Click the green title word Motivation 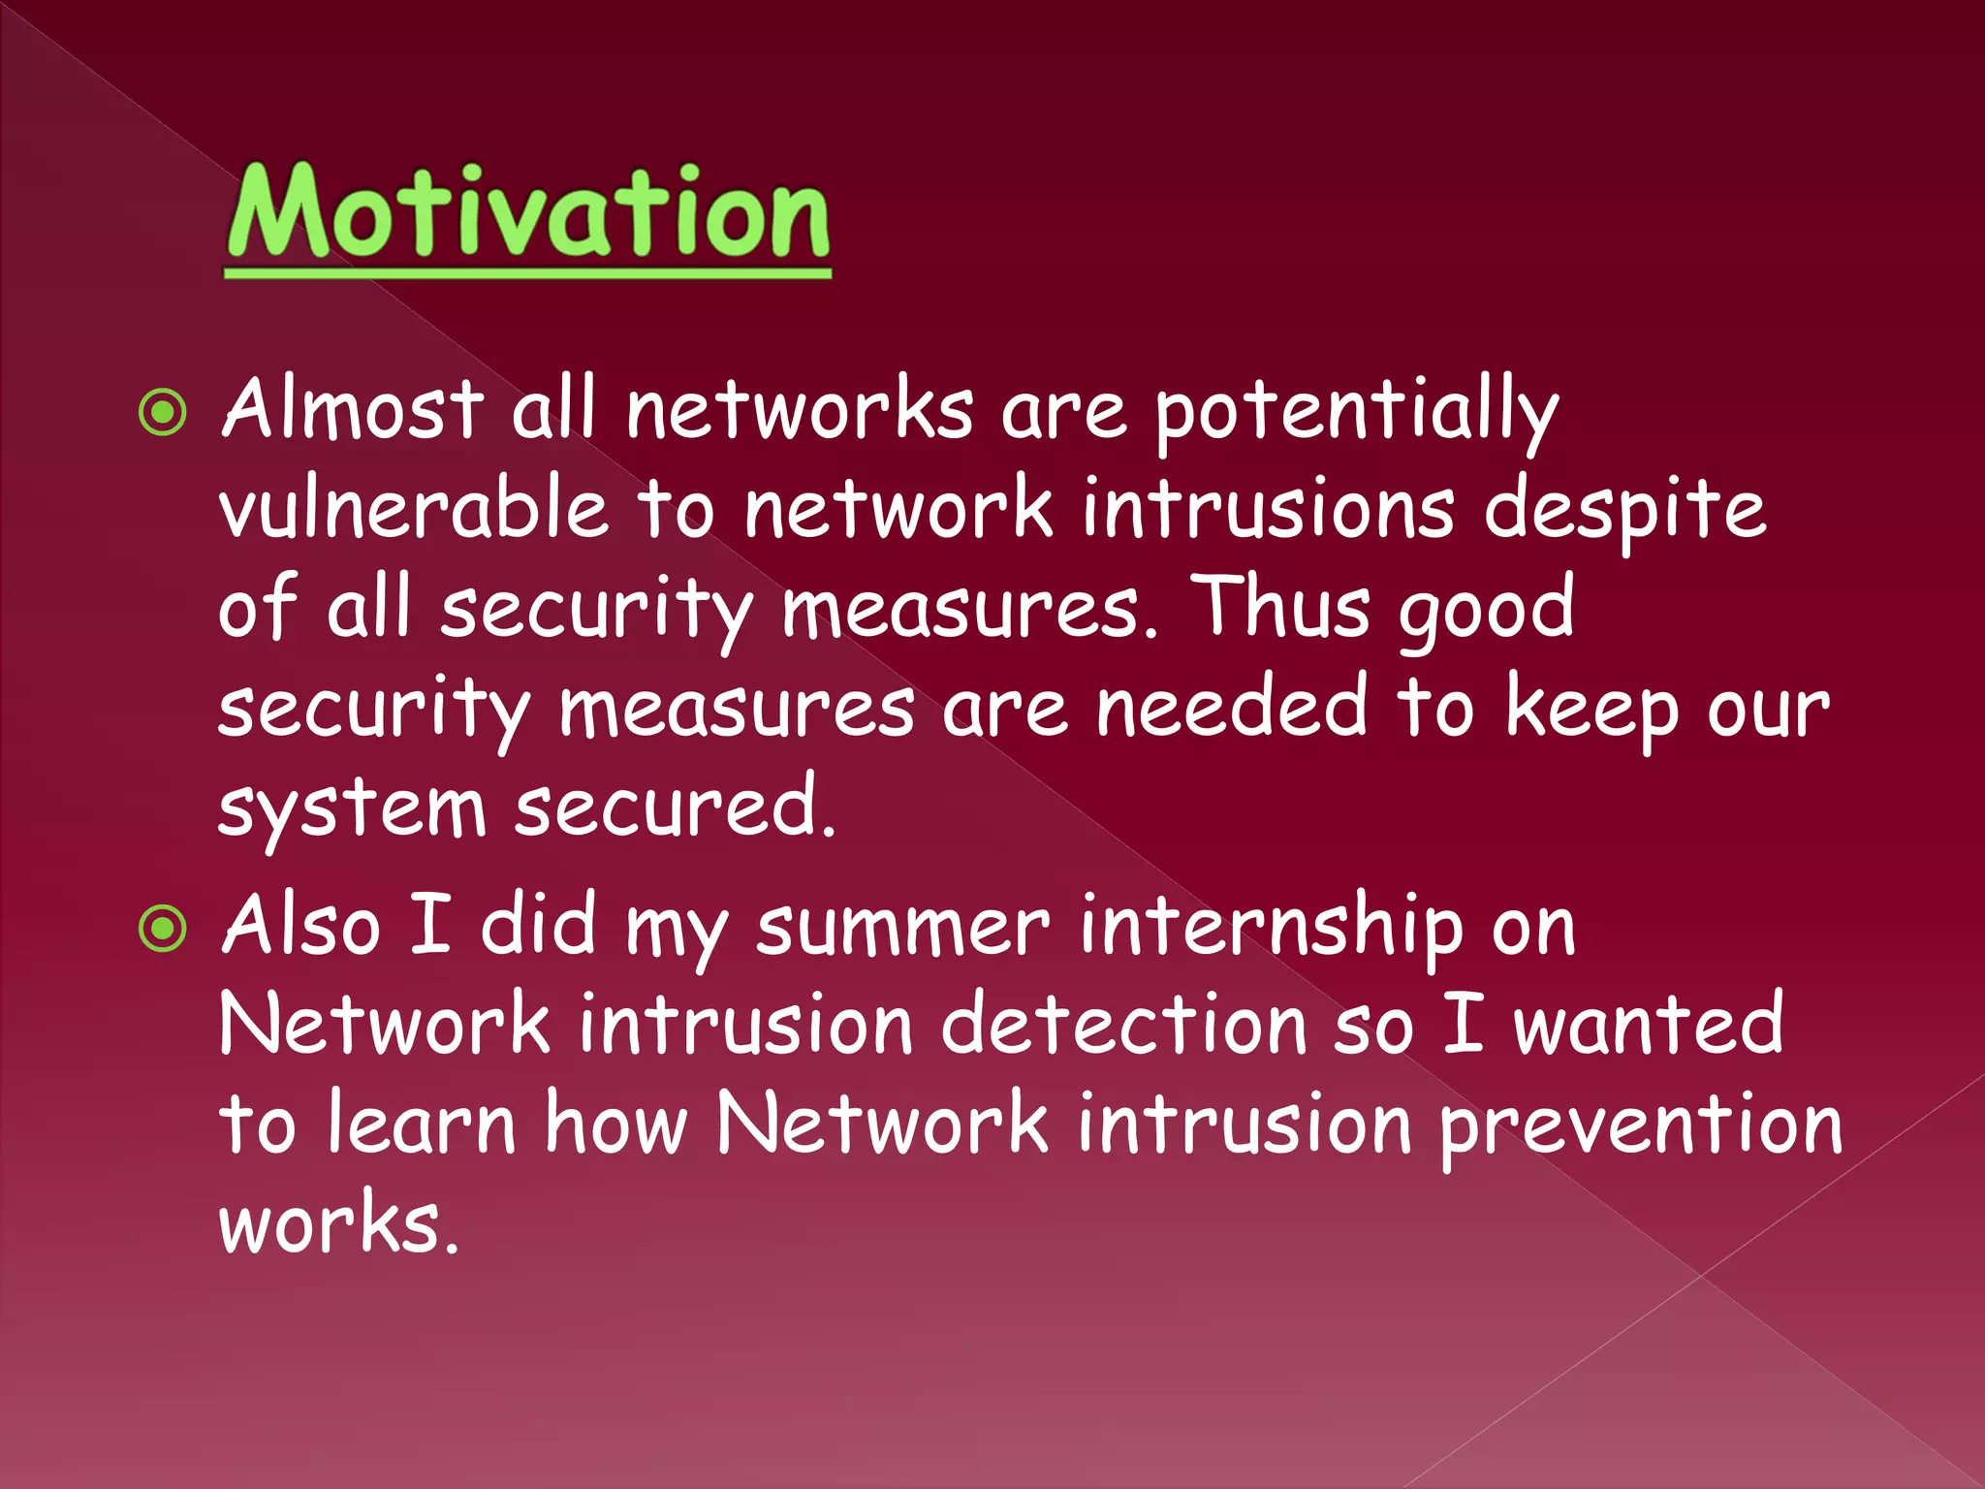528,213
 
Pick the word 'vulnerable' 414,510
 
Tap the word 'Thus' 1280,608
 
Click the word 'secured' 674,808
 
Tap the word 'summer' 902,928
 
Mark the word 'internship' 1271,928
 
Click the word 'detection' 1124,1026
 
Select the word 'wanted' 1648,1026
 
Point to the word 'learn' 422,1125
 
